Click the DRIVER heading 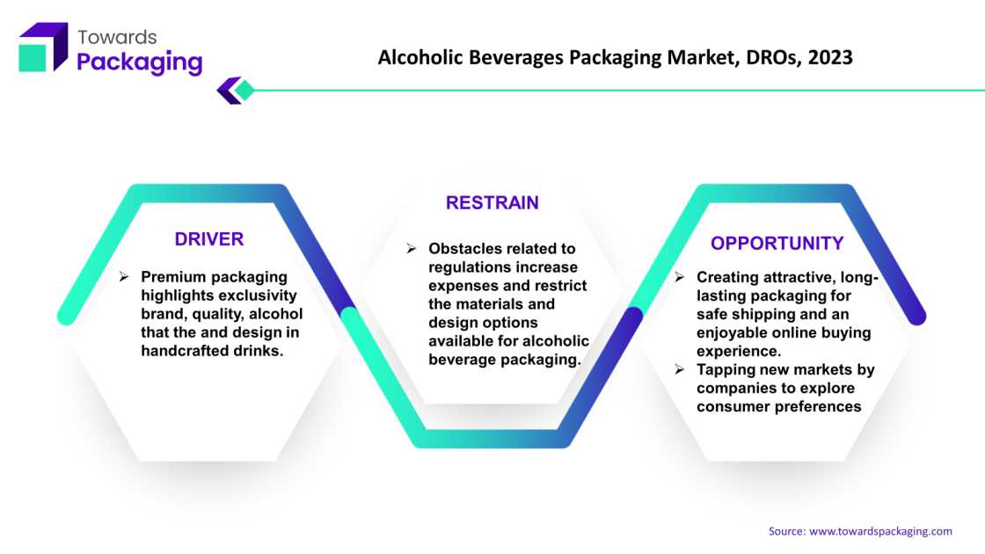point(209,239)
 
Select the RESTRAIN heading point(492,203)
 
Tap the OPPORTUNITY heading point(777,243)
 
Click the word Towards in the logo point(117,37)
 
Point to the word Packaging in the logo point(140,62)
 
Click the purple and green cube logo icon point(43,47)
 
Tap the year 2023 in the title point(830,57)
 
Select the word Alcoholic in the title point(420,57)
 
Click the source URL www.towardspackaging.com point(880,531)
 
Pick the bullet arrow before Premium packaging point(124,276)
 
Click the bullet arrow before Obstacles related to point(412,248)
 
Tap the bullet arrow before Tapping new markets point(680,369)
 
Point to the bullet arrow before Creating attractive point(680,277)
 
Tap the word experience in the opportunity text point(739,351)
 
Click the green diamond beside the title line point(244,91)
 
